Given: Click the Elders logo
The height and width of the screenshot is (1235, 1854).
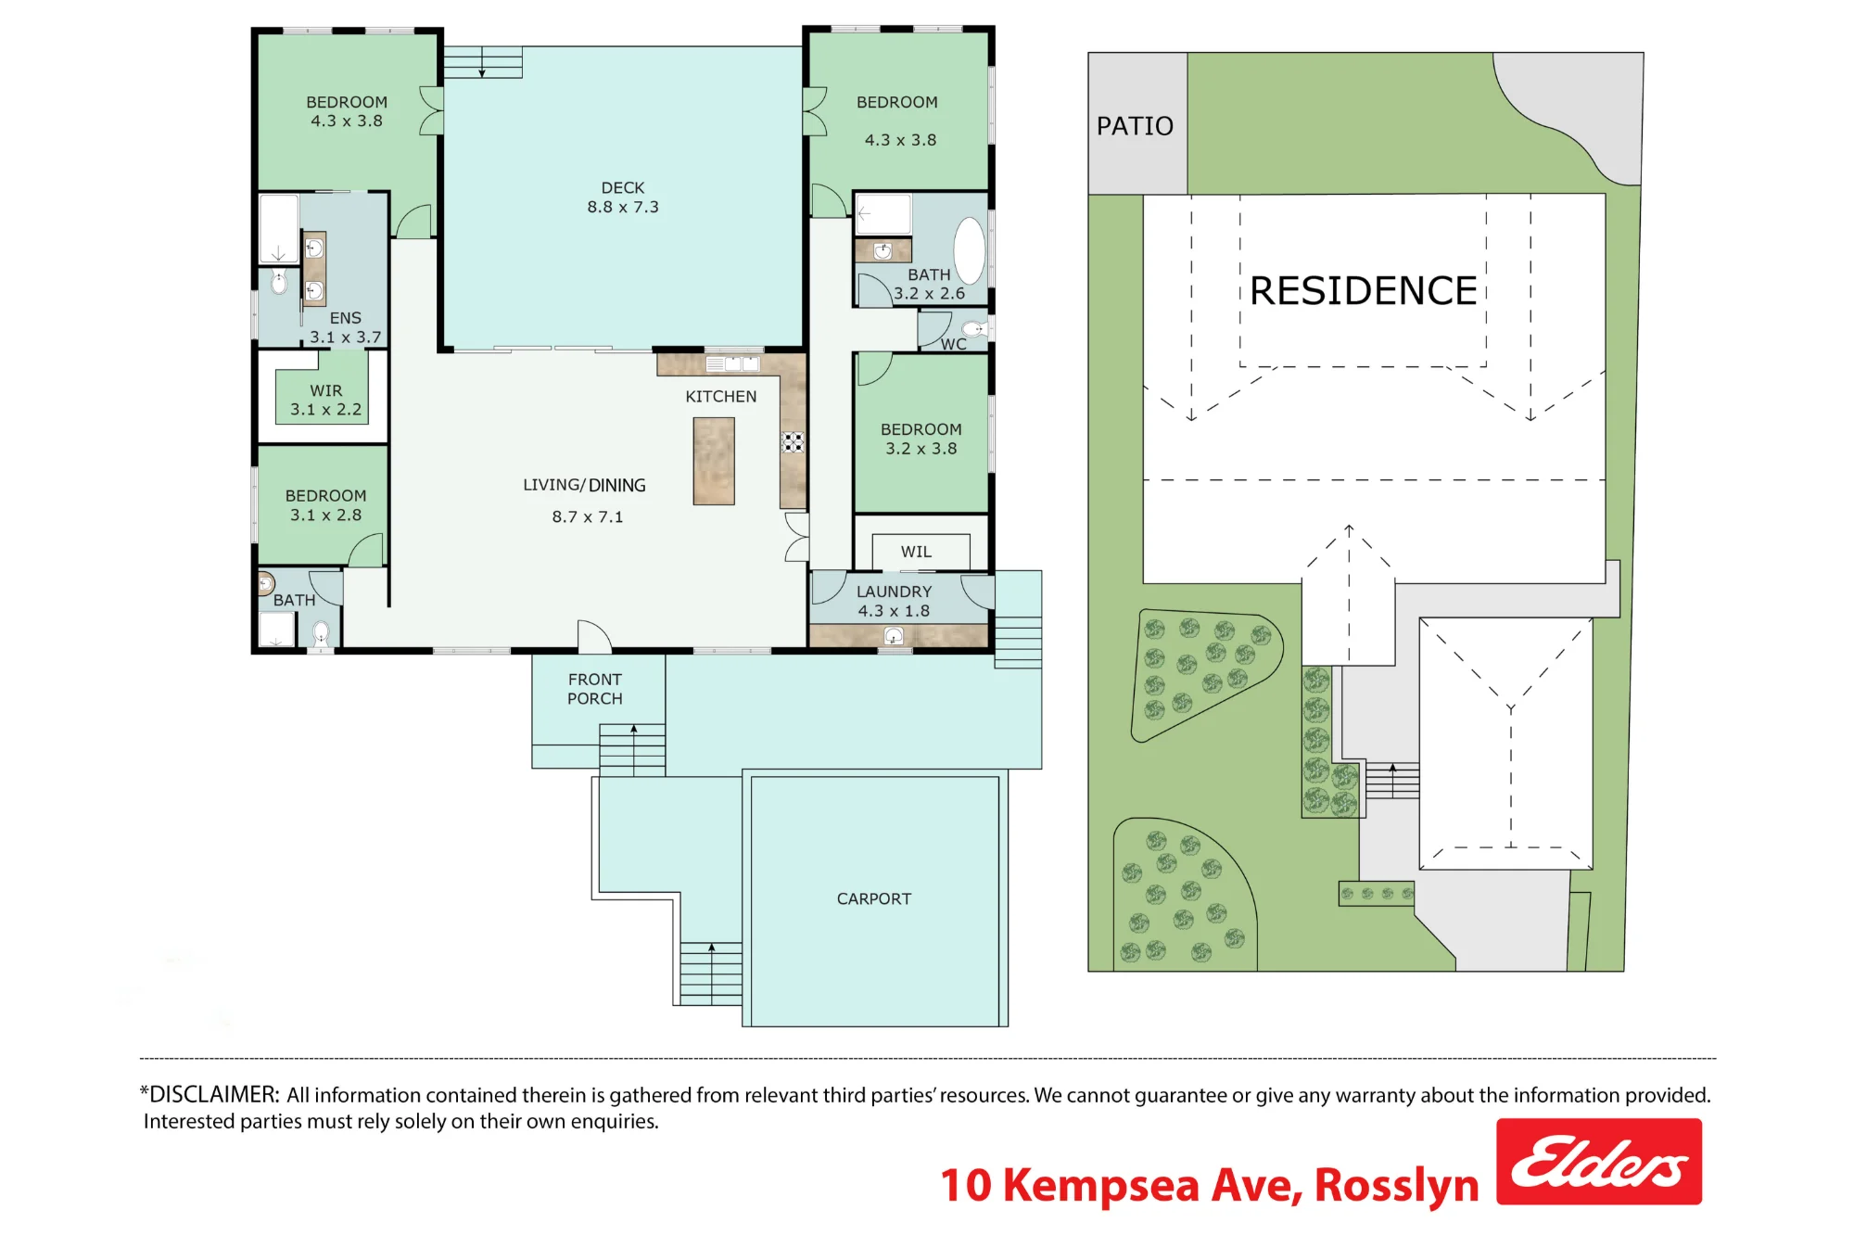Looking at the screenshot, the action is coord(1598,1161).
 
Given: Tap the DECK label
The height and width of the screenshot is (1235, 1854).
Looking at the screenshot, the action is coord(623,187).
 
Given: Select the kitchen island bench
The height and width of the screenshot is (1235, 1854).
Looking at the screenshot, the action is coord(714,461).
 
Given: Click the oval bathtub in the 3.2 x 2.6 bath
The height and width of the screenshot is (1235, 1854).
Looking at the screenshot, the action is coord(970,250).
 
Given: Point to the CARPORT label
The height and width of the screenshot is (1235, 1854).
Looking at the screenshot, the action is coord(874,898).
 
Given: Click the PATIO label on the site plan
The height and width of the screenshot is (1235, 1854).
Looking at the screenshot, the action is coord(1135,125).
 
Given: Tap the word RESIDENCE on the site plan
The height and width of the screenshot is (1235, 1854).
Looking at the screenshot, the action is coord(1363,290).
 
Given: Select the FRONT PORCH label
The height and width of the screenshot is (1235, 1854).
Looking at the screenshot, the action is coord(595,689).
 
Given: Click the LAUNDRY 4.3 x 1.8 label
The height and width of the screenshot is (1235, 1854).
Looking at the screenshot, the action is coord(894,601).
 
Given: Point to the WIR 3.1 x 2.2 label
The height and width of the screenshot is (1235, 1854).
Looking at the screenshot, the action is coord(325,400).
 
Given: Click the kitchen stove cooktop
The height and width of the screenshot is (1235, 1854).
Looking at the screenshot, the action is coord(793,441).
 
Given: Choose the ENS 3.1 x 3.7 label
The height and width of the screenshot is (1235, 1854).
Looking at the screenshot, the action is coord(345,327).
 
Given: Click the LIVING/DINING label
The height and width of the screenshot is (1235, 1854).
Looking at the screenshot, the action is coord(584,485).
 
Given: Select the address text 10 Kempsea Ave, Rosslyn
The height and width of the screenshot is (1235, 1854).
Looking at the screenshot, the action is coord(1210,1186).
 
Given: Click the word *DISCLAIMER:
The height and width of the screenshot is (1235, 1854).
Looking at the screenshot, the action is coord(210,1094).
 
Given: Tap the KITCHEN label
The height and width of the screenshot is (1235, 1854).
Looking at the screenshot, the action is coord(721,396).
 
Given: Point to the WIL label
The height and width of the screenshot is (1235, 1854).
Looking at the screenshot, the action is coord(916,552).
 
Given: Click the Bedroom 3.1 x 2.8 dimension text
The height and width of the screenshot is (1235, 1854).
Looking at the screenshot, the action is coord(325,515).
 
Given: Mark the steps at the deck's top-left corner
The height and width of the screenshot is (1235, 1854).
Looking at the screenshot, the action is coord(482,62).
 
